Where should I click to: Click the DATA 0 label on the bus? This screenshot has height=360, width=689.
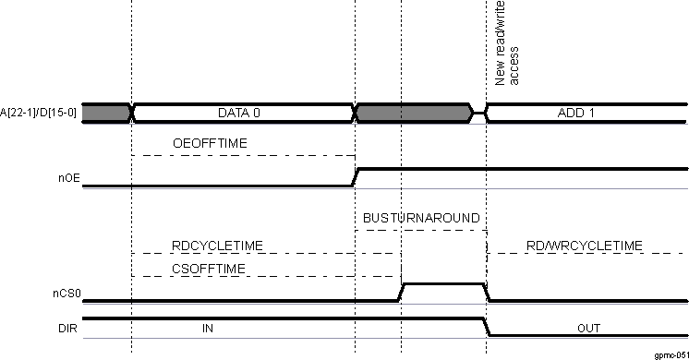pos(239,113)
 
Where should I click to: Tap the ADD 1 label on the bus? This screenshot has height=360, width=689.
pos(575,113)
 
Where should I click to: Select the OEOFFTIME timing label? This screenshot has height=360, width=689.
pos(210,143)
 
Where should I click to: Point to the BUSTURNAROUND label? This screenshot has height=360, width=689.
pos(420,218)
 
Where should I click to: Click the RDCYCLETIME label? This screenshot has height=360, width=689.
pos(218,245)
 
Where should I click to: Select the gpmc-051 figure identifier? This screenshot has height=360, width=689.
pos(670,354)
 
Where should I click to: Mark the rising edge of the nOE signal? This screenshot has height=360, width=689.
pos(356,177)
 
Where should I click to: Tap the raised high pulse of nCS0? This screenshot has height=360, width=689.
pos(443,284)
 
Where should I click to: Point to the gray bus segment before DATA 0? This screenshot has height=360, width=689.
pos(106,113)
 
